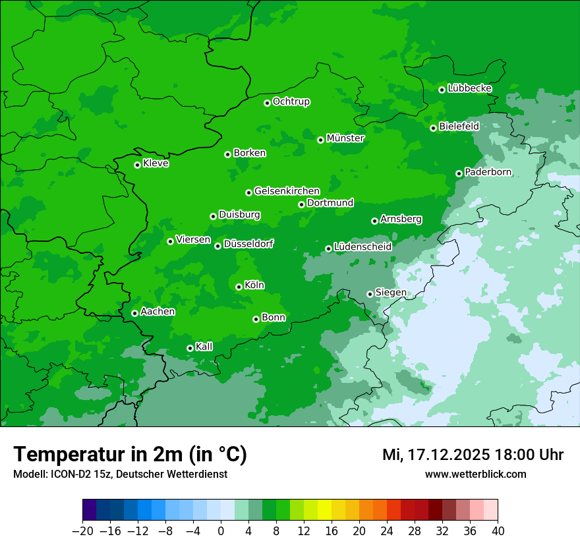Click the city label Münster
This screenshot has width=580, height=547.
coord(345,138)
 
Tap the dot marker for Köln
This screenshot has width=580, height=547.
coord(239,287)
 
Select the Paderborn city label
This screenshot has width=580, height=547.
coord(488,172)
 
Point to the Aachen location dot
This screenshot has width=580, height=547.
coord(134,313)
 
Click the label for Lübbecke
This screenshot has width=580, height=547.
coord(469,88)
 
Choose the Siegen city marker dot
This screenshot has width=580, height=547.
coord(370,294)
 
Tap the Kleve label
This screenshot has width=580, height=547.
coord(156,163)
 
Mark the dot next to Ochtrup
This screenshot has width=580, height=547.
coord(267,103)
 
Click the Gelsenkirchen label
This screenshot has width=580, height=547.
coord(287,191)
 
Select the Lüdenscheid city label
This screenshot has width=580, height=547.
coord(362,247)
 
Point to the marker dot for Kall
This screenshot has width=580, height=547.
coord(190,348)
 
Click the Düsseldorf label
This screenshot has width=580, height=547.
coord(248,245)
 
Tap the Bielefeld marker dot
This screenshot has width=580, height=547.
coord(433,128)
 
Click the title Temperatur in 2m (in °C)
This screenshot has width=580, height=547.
coord(130,455)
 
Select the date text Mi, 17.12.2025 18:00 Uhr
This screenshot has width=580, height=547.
coord(473,455)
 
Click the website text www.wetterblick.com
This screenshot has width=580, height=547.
coord(475,475)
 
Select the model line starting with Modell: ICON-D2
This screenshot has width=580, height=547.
coord(120,475)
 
